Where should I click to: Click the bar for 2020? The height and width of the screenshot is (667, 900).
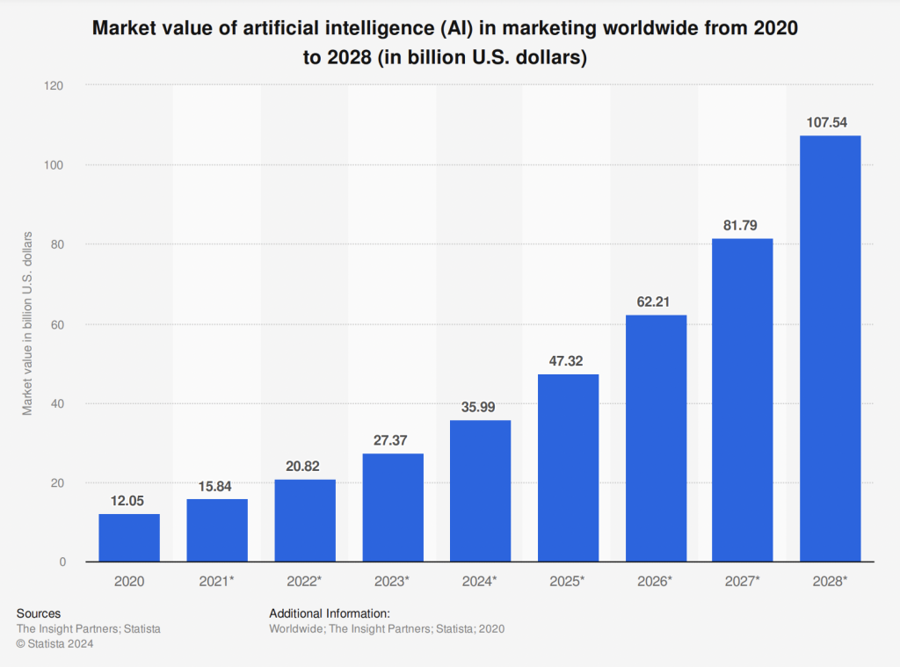pos(129,538)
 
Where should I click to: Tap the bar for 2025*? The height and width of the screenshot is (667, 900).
pos(568,468)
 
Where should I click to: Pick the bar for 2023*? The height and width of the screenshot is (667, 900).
pos(392,508)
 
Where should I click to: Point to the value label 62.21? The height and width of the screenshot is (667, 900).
pos(655,301)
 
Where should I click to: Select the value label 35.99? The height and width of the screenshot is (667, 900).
pos(480,407)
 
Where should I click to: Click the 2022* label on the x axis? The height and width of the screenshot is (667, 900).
pos(304,582)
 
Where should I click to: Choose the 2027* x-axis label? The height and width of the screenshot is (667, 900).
pos(743,582)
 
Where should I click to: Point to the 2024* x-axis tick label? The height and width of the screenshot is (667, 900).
pos(480,582)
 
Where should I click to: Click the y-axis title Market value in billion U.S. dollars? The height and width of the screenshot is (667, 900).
pos(27,323)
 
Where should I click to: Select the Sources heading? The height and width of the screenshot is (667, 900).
pos(39,613)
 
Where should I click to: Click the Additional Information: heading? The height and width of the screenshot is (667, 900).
pos(329,613)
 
